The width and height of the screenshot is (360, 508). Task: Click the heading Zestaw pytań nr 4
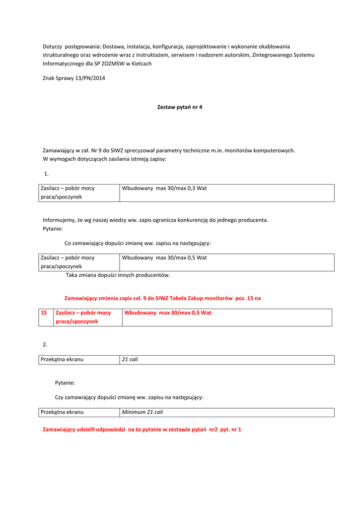tap(180, 107)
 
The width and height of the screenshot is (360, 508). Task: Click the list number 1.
tap(46, 174)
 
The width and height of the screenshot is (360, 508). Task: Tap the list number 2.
tap(45, 344)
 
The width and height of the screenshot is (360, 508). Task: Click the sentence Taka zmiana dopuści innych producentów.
tap(118, 275)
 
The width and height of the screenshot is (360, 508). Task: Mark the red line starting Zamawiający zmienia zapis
tap(162, 298)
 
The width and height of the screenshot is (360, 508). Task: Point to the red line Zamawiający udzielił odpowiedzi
tap(142, 429)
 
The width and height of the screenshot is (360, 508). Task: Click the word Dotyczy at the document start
tap(55, 46)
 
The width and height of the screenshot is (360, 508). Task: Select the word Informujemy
tap(61, 220)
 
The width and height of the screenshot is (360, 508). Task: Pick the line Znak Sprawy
tap(74, 78)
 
